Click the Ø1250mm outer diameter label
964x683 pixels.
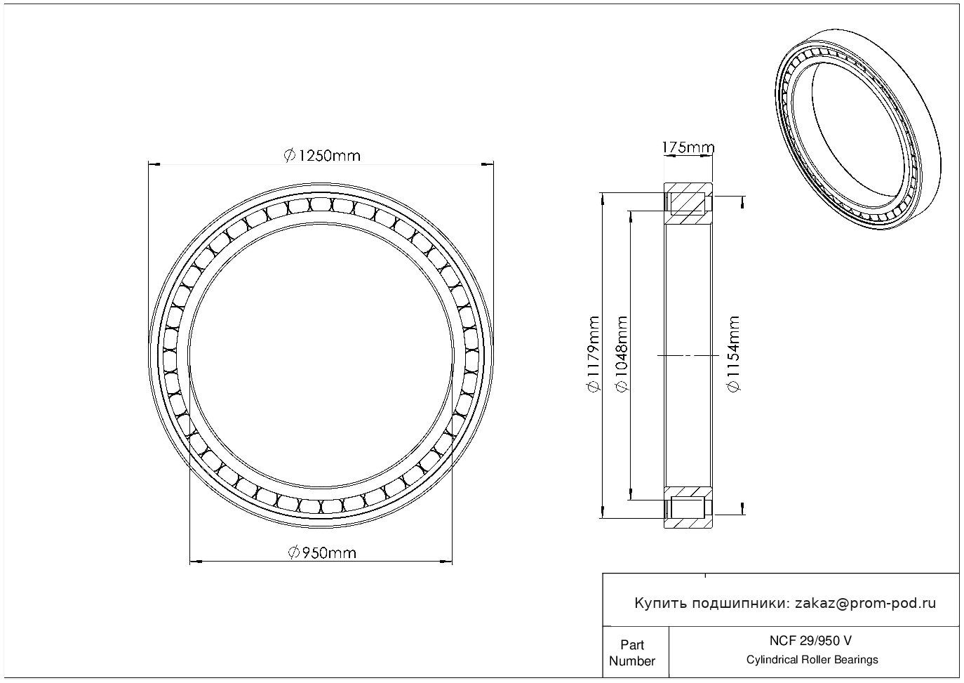(x=322, y=155)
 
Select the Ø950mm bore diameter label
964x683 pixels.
(x=322, y=552)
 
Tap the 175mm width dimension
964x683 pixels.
(x=688, y=147)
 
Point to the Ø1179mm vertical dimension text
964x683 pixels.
(x=593, y=354)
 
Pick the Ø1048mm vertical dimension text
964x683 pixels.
(x=622, y=354)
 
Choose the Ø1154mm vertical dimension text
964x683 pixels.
(x=733, y=354)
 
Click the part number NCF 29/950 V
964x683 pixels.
(x=810, y=641)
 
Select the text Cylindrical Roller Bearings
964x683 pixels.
(x=812, y=660)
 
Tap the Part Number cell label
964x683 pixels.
(x=631, y=653)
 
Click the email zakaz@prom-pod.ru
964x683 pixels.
(x=865, y=604)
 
